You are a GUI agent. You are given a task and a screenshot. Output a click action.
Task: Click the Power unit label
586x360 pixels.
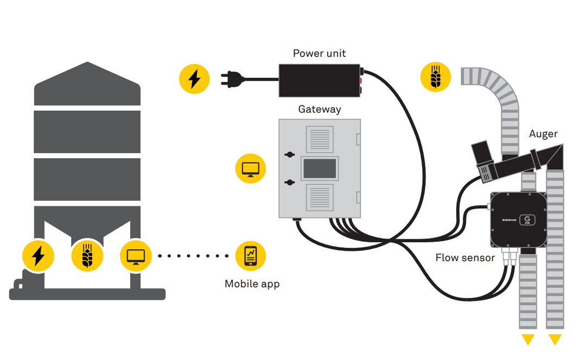point(319,53)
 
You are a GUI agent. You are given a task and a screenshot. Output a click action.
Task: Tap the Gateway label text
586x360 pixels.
point(320,109)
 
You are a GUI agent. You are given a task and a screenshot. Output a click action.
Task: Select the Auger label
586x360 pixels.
point(543,134)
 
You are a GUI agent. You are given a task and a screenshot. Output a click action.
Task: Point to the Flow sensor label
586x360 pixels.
point(465,258)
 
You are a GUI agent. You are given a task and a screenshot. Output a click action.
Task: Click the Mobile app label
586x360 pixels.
point(252,284)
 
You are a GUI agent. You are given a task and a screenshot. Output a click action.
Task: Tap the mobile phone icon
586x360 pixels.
point(251,255)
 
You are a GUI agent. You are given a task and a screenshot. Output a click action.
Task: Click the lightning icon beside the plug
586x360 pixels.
point(194,79)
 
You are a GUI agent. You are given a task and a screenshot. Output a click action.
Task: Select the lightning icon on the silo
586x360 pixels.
point(38,255)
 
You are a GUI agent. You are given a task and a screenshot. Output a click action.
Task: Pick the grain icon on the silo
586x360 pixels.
point(87,255)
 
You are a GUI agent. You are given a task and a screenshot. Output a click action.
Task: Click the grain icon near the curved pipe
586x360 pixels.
point(436,76)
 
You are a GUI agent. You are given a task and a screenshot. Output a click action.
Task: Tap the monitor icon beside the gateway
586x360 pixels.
point(251,168)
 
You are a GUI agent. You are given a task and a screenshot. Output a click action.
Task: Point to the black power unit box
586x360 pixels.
point(319,81)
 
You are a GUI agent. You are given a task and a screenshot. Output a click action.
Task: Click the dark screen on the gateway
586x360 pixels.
point(320,169)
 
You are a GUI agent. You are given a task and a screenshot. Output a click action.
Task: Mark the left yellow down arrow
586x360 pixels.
point(528,340)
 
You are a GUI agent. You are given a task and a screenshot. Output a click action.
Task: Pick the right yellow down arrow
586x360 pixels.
point(555,340)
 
